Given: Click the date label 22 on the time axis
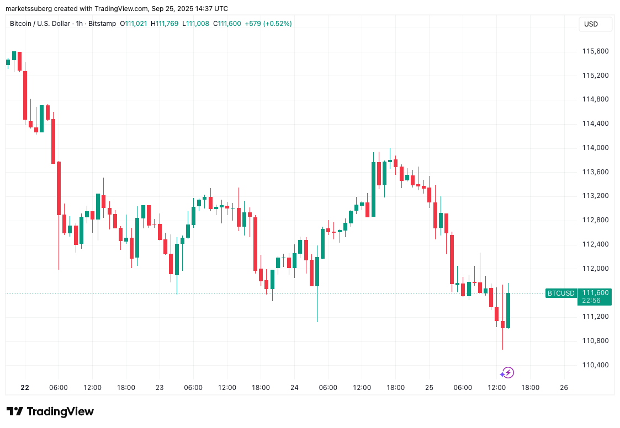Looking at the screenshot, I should click(x=25, y=388).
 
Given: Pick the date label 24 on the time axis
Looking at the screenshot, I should click(x=294, y=388).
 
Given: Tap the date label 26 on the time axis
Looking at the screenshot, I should click(x=564, y=388).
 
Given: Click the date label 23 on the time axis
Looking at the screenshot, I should click(x=160, y=388).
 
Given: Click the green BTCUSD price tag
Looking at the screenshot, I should click(x=560, y=293).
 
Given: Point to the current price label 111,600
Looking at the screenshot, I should click(x=595, y=293).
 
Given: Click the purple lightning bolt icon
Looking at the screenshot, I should click(x=508, y=373).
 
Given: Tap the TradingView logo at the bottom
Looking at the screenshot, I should click(x=50, y=411).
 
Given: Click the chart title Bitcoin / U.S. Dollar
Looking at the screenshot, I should click(x=40, y=24).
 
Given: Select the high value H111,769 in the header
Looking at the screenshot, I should click(x=165, y=24).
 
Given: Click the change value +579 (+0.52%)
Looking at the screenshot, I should click(x=268, y=24).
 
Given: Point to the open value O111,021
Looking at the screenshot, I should click(x=133, y=24).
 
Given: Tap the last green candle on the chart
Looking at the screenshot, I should click(x=508, y=311).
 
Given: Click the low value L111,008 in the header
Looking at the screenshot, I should click(x=195, y=24).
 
